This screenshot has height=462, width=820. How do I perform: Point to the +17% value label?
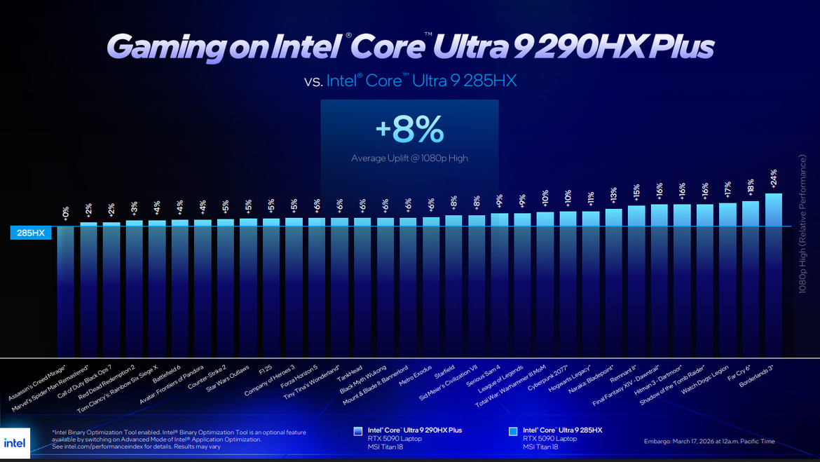pos(728,189)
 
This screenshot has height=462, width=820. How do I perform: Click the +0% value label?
pos(66,213)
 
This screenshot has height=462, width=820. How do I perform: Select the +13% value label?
pos(614,194)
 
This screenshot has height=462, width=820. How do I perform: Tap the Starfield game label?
pos(444,371)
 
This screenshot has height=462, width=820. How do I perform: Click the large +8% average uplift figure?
pos(409,130)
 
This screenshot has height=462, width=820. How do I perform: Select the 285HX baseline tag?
pos(31,233)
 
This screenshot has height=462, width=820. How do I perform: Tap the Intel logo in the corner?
pos(15,443)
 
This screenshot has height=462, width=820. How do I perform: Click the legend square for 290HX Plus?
pos(358,431)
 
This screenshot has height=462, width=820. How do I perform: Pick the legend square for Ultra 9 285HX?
pos(513,431)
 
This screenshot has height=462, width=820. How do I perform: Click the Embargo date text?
pos(709,442)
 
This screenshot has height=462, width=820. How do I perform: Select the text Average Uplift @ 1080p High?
pos(409,158)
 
